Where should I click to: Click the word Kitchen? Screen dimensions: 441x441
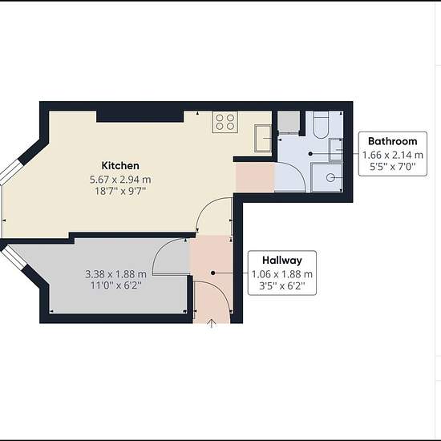coord(120,166)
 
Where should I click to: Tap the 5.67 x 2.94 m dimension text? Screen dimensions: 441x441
coord(120,179)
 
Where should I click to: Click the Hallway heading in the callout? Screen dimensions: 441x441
coord(281,260)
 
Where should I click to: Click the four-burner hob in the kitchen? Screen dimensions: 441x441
coord(225,123)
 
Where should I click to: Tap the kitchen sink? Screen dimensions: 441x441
coord(264,137)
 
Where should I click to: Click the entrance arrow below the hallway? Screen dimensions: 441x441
coord(212,323)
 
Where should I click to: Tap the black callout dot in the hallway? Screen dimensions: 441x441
coord(212,273)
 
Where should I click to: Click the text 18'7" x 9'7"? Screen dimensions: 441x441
coord(120,192)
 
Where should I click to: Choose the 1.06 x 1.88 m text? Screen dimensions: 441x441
coord(281,273)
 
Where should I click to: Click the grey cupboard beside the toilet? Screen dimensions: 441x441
coord(288,121)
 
